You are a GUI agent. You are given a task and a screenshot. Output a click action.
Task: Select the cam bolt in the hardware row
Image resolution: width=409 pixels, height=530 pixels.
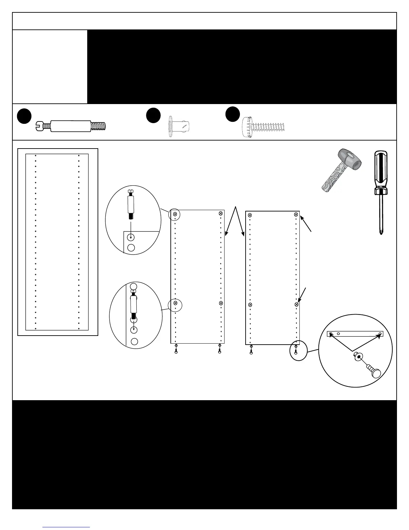(x=71, y=126)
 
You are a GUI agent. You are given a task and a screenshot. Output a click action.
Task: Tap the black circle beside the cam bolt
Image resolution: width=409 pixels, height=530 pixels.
(x=24, y=116)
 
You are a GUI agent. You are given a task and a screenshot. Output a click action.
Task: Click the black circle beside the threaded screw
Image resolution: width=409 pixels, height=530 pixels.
(x=233, y=114)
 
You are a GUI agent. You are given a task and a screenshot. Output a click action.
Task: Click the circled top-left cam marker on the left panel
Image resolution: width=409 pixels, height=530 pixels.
(x=175, y=213)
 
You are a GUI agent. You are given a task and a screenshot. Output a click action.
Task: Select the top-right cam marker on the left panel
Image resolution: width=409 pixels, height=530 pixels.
(x=221, y=213)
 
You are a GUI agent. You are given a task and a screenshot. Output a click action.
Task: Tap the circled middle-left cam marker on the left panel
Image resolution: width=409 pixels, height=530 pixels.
(x=175, y=303)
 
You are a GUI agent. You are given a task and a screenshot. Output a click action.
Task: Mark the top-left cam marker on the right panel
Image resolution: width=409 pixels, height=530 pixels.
(x=250, y=215)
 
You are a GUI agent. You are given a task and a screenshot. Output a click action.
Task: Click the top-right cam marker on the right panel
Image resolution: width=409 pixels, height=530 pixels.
(x=296, y=214)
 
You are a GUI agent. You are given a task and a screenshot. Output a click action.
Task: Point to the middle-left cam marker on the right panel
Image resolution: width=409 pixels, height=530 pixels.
(x=250, y=304)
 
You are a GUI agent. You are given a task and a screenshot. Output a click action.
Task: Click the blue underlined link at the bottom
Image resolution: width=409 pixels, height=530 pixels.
(x=66, y=527)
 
